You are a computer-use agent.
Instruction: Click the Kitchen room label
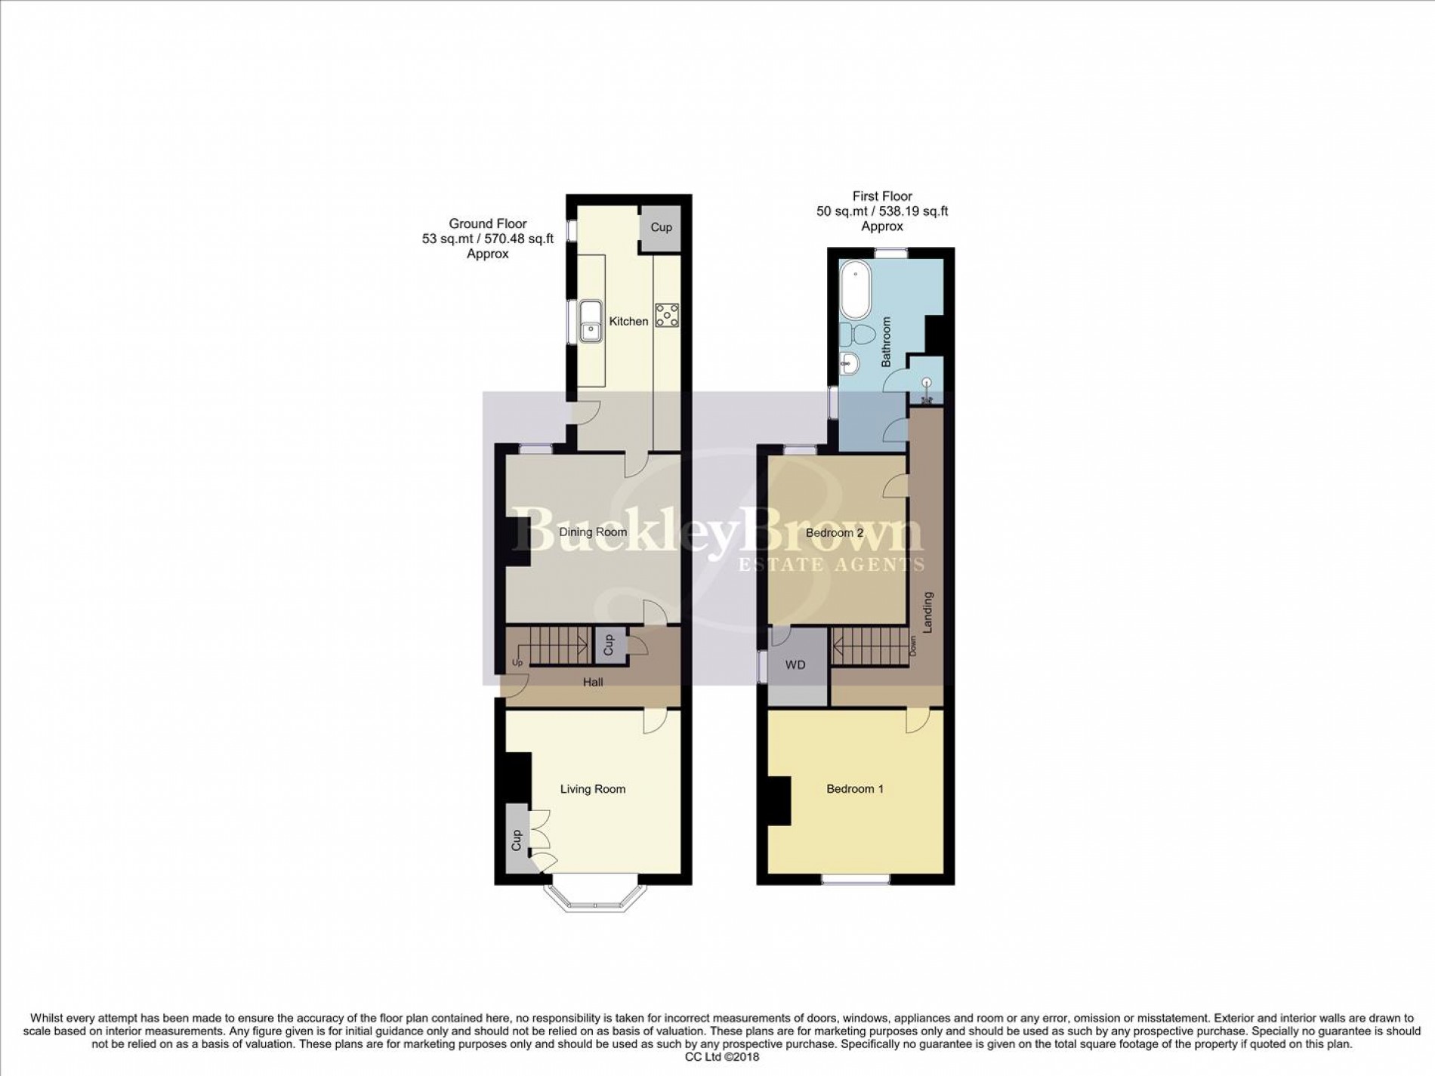[628, 321]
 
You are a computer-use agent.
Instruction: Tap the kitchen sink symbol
[590, 330]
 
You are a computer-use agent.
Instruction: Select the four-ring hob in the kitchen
[667, 315]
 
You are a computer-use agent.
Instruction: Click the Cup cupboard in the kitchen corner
[661, 227]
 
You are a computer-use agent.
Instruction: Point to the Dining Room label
[593, 532]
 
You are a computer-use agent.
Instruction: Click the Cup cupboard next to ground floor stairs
[609, 645]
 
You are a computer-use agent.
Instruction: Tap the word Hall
[593, 683]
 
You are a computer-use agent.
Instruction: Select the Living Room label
[593, 789]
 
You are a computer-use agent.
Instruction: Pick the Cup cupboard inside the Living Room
[517, 840]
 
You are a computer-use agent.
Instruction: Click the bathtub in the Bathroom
[856, 289]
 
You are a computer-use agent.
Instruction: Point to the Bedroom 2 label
[835, 532]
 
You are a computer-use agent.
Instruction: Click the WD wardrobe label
[795, 665]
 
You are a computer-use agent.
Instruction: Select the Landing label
[928, 612]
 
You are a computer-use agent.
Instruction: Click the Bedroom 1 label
[855, 789]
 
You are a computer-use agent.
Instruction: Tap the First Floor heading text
[882, 196]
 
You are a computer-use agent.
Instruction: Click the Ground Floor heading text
[488, 224]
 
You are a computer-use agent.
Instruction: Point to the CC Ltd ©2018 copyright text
[717, 1058]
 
